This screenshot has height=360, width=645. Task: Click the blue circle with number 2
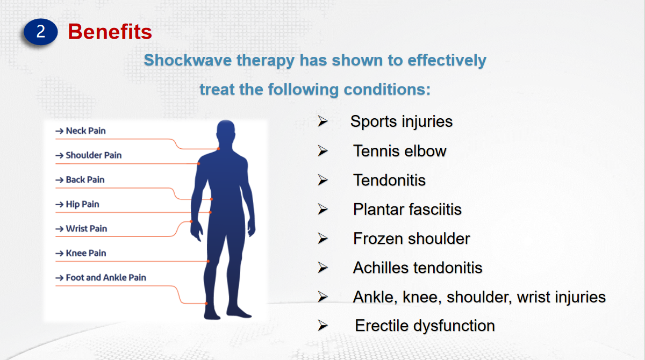pos(41,32)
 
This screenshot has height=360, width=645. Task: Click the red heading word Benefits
pos(110,31)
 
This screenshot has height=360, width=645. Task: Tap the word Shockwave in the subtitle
pos(188,60)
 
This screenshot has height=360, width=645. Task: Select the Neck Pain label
pos(86,131)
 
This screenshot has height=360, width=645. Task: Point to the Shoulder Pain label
pos(94,155)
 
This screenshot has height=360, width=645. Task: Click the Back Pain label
pos(85,180)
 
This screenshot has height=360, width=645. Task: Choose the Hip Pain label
pos(82,204)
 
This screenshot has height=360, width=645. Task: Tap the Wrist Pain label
pos(87,229)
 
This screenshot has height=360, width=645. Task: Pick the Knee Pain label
pos(86,253)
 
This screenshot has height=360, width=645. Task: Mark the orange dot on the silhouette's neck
pos(219,149)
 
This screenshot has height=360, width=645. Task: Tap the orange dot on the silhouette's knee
pos(208,261)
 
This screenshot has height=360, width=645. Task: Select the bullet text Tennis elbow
pos(400,151)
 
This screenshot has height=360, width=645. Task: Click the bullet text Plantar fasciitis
pos(407,209)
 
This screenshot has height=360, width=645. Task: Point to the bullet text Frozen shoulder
pos(412,239)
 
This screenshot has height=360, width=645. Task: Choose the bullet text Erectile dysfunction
pos(425,326)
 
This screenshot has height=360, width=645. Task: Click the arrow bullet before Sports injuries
pos(323,121)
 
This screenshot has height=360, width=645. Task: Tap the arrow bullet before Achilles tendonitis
pos(323,268)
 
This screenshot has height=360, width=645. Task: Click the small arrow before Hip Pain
pos(59,205)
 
